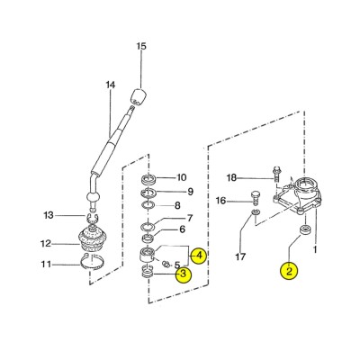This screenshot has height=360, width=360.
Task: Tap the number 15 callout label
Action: pos(141,47)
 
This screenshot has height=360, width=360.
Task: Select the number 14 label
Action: pos(111,85)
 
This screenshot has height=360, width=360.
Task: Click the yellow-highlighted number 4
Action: pos(199,256)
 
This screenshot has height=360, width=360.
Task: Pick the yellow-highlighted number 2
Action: pos(289,271)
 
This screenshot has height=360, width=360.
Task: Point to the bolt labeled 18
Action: pos(276,174)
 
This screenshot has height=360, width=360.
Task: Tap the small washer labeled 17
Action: pos(256,213)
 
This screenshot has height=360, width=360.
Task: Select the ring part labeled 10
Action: pos(149,179)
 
